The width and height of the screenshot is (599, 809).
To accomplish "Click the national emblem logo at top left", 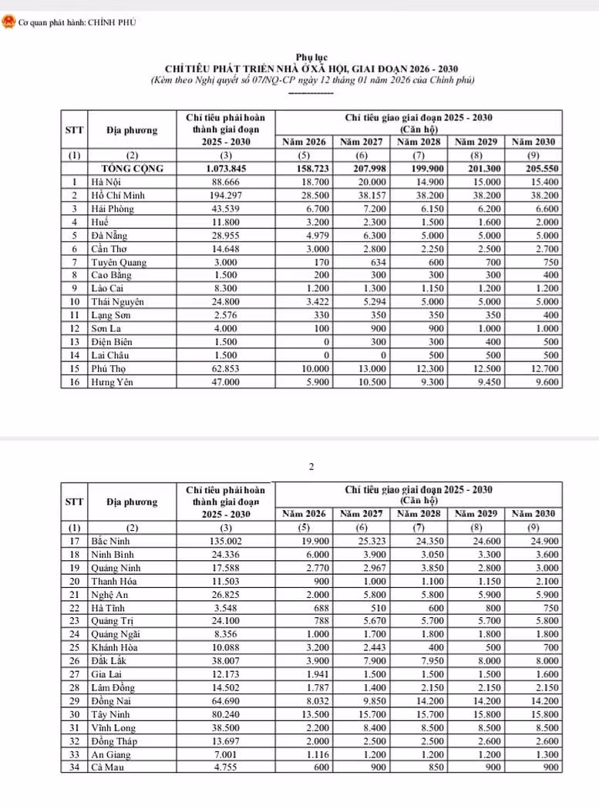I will click(x=8, y=23).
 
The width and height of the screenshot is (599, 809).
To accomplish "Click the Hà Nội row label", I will click(x=106, y=182).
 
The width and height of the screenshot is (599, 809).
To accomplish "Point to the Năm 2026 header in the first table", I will click(x=304, y=143).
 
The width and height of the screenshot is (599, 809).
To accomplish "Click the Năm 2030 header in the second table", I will click(x=533, y=513).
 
